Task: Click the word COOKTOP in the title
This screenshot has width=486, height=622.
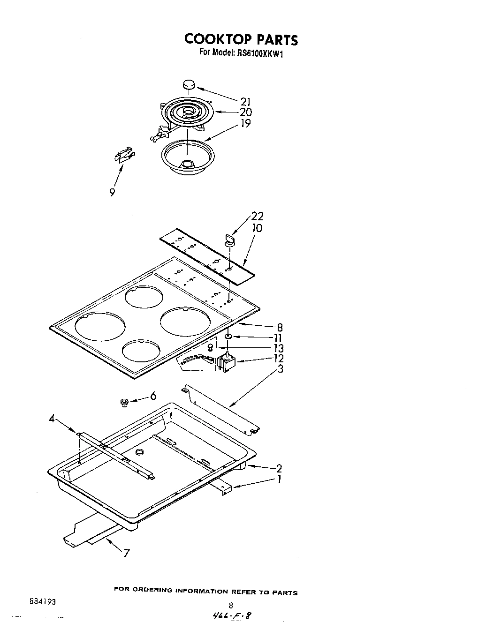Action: click(x=215, y=39)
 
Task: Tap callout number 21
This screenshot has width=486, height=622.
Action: click(x=246, y=102)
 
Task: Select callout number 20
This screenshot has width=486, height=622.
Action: click(x=246, y=112)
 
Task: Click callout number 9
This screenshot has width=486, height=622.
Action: click(x=112, y=192)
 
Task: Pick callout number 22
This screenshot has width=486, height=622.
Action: click(x=257, y=216)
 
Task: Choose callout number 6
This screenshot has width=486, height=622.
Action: click(x=153, y=397)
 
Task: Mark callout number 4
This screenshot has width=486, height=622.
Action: click(x=52, y=419)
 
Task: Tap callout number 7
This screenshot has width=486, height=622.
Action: click(x=126, y=553)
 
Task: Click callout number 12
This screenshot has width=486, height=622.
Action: click(x=279, y=359)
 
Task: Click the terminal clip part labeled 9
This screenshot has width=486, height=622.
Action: click(x=123, y=155)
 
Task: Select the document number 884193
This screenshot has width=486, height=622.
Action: click(x=42, y=601)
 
